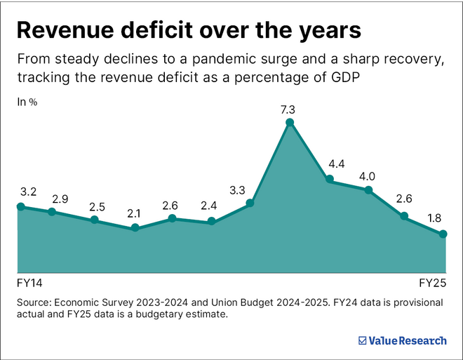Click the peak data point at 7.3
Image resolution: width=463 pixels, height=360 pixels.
pyautogui.click(x=289, y=123)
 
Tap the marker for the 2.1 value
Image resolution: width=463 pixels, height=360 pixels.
pyautogui.click(x=135, y=228)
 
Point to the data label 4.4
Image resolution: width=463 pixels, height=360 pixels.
pyautogui.click(x=337, y=164)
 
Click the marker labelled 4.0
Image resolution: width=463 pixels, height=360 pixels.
pyautogui.click(x=368, y=189)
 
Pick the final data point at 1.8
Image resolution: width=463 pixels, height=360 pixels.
pyautogui.click(x=443, y=234)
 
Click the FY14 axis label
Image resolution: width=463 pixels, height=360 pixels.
pyautogui.click(x=29, y=284)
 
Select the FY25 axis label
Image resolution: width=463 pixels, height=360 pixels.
pyautogui.click(x=433, y=284)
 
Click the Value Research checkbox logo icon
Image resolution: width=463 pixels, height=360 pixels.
pyautogui.click(x=362, y=340)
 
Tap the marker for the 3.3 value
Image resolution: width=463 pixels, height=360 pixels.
pyautogui.click(x=250, y=204)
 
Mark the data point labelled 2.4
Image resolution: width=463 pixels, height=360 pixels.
pyautogui.click(x=211, y=222)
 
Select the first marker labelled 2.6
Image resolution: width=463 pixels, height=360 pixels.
pyautogui.click(x=173, y=219)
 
